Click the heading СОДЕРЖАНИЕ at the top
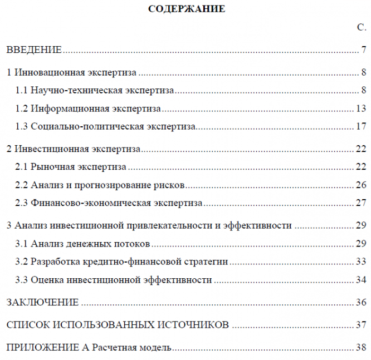[187, 8]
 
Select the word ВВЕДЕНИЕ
[33, 50]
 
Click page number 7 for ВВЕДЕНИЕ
[363, 50]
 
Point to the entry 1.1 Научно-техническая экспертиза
[95, 90]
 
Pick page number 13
[360, 108]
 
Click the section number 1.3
[22, 126]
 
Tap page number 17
[360, 126]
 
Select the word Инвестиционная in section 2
[43, 149]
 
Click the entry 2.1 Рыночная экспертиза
[71, 166]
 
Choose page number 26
[360, 185]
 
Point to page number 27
[360, 203]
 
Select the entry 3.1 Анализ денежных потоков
[82, 243]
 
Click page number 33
[360, 262]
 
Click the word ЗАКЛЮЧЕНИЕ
[42, 302]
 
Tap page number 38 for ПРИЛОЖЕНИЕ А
[360, 348]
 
